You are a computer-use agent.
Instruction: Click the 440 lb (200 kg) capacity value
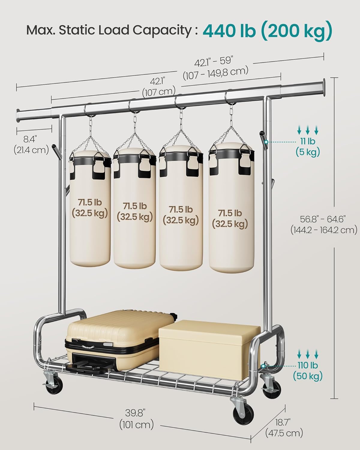pyautogui.click(x=268, y=31)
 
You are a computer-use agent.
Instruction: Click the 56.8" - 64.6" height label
pyautogui.click(x=324, y=225)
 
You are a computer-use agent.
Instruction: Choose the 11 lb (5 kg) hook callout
pyautogui.click(x=308, y=147)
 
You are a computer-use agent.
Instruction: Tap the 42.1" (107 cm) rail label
pyautogui.click(x=159, y=86)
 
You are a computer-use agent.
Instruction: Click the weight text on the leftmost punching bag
pyautogui.click(x=90, y=208)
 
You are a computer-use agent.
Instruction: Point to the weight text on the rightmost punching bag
pyautogui.click(x=230, y=218)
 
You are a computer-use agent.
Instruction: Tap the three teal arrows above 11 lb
pyautogui.click(x=308, y=130)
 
